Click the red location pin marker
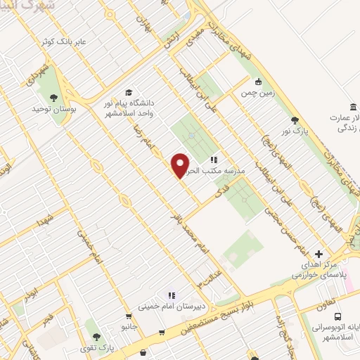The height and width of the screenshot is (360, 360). pos(181,165)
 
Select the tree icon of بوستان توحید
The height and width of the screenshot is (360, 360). pos(54,98)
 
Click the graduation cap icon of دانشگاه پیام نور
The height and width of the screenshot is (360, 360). pos(128,92)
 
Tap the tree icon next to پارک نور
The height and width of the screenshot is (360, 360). pos(295,120)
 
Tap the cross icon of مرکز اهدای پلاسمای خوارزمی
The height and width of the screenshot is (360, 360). pos(319,254)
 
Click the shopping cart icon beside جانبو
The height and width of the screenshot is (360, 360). pos(128,316)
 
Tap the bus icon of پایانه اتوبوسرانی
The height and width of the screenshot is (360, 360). pos(339,316)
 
